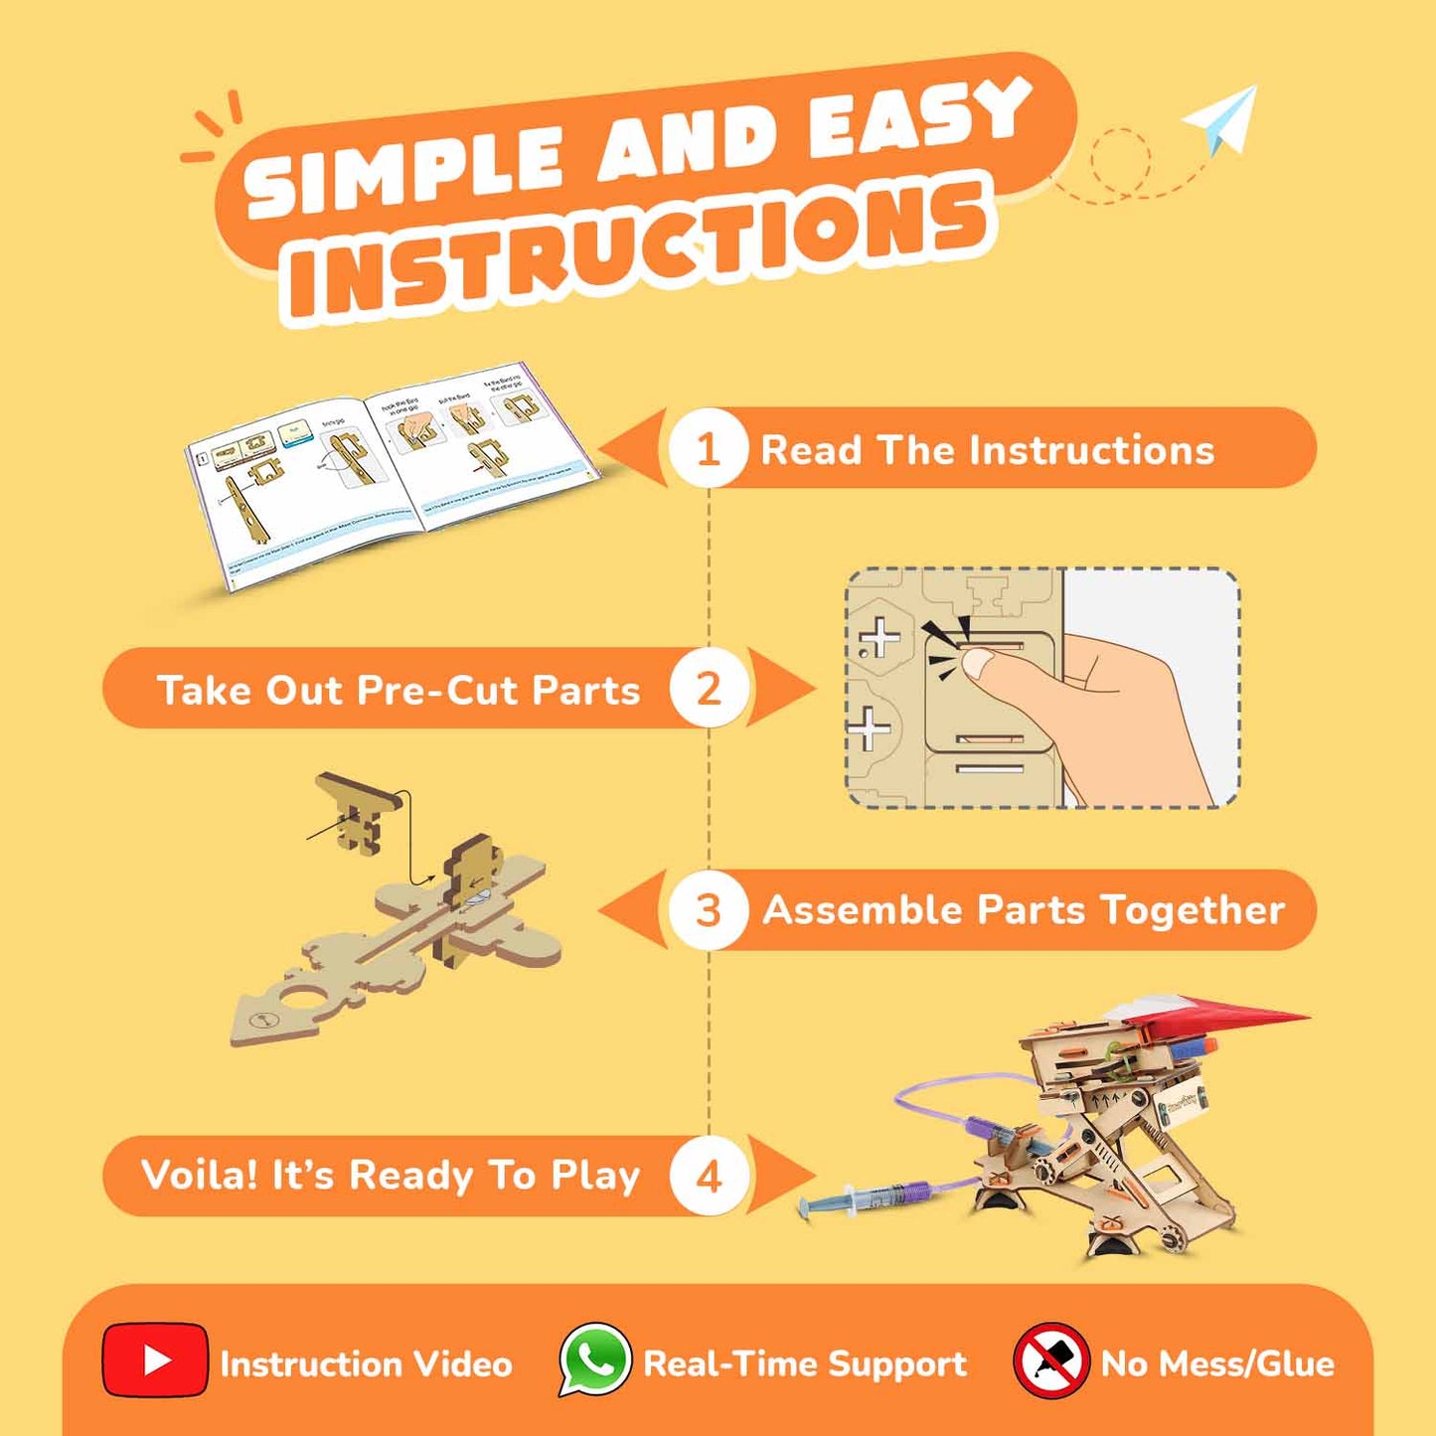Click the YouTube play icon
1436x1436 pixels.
[x=155, y=1360]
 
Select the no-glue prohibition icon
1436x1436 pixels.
[x=1050, y=1360]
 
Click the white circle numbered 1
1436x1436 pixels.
[x=708, y=449]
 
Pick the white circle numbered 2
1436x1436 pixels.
[x=708, y=689]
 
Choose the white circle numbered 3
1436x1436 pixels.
[x=708, y=910]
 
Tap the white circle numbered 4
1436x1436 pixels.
[x=708, y=1177]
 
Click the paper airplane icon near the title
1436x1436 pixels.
[x=1222, y=119]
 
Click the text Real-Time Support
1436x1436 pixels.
[x=805, y=1363]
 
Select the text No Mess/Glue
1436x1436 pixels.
[x=1217, y=1363]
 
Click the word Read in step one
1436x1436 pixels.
[x=811, y=450]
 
